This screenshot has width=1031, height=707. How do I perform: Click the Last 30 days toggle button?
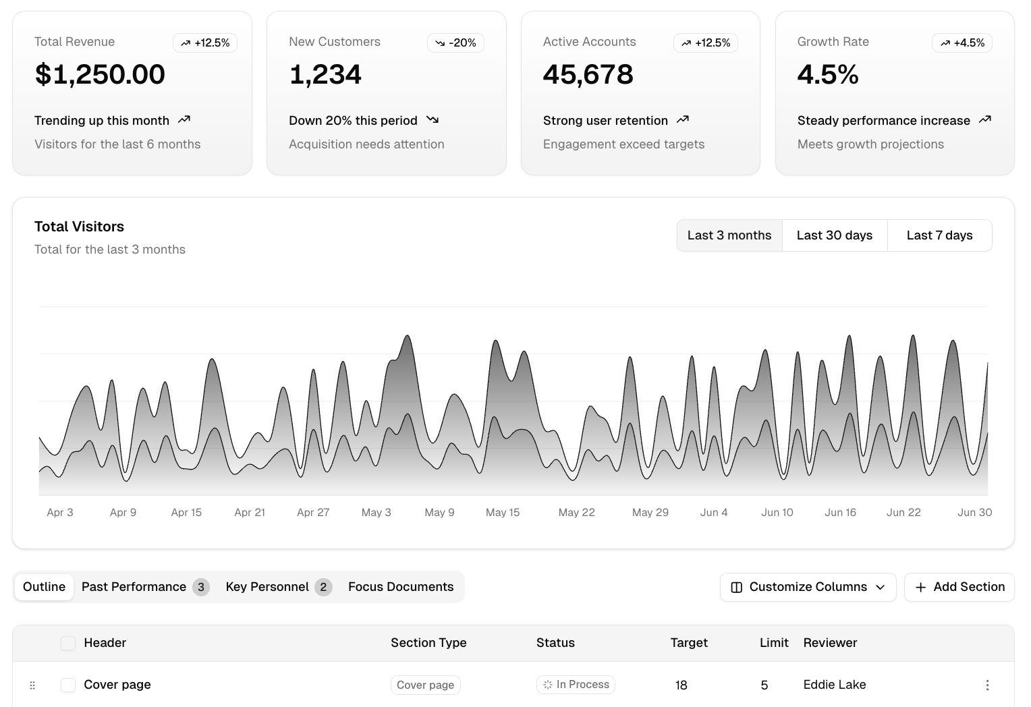click(835, 235)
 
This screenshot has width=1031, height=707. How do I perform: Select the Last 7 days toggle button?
click(939, 235)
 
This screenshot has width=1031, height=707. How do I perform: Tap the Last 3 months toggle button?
click(729, 235)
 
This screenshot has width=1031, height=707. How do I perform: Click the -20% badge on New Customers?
click(455, 43)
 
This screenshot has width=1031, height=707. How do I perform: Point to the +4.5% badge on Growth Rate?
click(962, 43)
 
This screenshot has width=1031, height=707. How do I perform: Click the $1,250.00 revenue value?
click(100, 74)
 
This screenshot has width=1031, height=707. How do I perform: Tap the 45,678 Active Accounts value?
click(588, 74)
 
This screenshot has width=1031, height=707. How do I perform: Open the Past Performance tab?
click(144, 587)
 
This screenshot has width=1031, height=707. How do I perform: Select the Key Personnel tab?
click(277, 587)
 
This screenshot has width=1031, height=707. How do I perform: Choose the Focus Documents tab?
click(401, 587)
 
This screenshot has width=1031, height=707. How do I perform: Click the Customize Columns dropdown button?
click(808, 587)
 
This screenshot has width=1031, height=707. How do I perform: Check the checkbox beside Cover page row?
click(68, 685)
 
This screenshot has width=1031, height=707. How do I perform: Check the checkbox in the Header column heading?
click(68, 643)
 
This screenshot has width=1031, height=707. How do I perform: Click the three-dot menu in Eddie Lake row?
click(987, 685)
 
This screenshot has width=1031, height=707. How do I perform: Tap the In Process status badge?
click(576, 685)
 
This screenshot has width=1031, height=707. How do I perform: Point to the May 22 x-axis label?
click(576, 513)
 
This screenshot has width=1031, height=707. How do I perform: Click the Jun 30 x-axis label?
click(974, 513)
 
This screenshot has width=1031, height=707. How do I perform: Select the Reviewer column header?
click(830, 643)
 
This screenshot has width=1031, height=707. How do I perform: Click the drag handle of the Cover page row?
click(32, 685)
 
